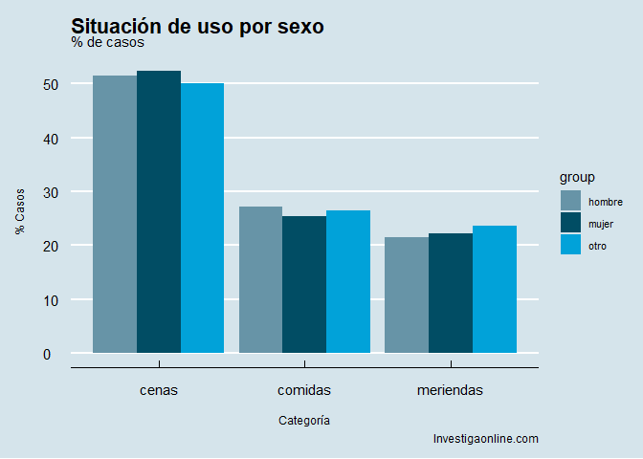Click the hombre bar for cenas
(x=115, y=214)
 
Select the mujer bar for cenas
(x=159, y=212)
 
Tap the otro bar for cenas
(x=202, y=218)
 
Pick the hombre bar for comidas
(x=260, y=279)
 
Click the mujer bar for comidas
(x=304, y=284)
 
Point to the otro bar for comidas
(x=348, y=281)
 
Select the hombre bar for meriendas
(x=407, y=295)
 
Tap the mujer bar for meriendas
(x=451, y=293)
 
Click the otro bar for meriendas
(x=494, y=289)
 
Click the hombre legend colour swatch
(x=570, y=201)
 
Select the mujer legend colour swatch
(x=570, y=223)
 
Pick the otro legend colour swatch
(x=570, y=245)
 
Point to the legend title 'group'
(x=578, y=177)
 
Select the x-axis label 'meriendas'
(x=451, y=390)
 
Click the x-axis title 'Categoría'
(x=305, y=420)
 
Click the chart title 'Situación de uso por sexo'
(x=197, y=27)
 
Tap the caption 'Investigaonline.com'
(x=486, y=439)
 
